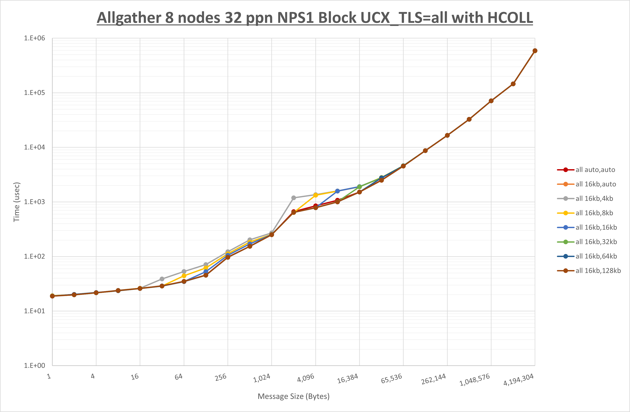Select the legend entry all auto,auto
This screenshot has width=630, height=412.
coord(595,170)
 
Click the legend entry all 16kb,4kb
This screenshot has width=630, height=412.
coord(594,199)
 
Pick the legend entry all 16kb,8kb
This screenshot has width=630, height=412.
coord(594,213)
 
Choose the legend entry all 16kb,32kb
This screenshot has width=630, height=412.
coord(596,242)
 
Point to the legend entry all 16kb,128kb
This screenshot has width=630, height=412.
coord(598,271)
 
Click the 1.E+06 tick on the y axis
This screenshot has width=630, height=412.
coord(35,38)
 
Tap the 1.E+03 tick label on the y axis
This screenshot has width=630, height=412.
coord(35,202)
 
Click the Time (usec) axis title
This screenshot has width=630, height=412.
coord(17,202)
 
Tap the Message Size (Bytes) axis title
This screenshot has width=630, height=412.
coord(294,396)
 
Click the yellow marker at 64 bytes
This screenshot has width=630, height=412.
coord(184,276)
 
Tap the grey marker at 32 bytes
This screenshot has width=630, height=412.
coord(162,279)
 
